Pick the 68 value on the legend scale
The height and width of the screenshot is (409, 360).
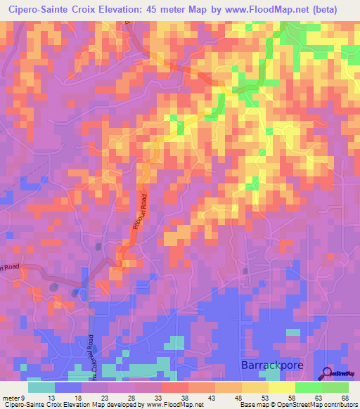[345, 397]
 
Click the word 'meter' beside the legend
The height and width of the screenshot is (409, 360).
[11, 397]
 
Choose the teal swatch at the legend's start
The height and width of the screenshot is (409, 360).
[41, 387]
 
